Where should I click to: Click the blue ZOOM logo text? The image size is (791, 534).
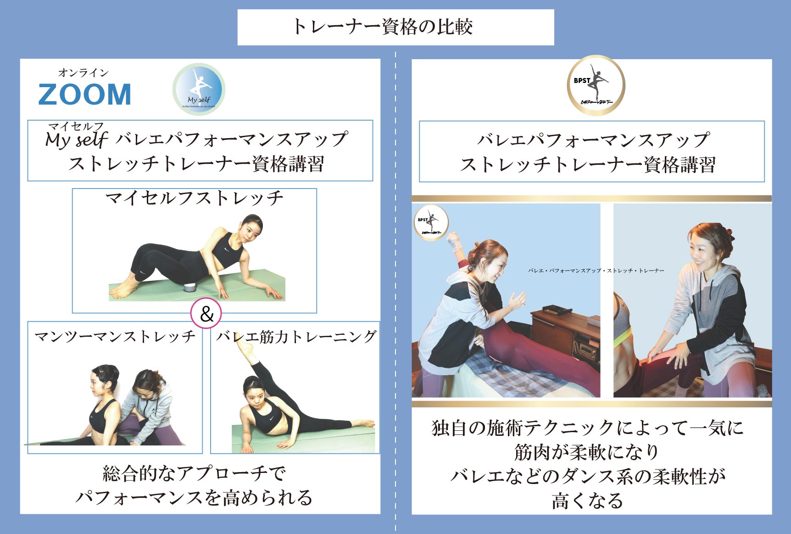coord(85,94)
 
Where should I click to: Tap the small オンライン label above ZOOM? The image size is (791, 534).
coord(83,72)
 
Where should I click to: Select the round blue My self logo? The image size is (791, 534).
coord(199,89)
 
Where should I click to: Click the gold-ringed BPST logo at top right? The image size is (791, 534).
coord(596,85)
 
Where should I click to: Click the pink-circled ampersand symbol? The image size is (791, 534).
coord(206,314)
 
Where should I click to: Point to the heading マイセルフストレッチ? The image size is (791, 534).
coord(194,198)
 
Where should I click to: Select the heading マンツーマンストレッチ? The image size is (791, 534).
coord(115,337)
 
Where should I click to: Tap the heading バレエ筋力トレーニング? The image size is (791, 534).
coord(296,337)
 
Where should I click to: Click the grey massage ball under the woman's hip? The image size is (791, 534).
coord(189,288)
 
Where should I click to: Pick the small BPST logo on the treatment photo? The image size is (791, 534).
coord(430,223)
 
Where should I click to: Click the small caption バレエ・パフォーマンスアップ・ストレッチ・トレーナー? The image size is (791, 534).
coord(596,271)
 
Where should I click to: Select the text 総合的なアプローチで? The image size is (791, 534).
coord(194,473)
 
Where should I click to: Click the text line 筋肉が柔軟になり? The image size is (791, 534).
coord(587,452)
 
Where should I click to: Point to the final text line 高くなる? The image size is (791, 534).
coord(587,501)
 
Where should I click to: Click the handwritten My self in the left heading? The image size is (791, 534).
coord(77,139)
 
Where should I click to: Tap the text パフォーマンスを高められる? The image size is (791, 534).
coord(194,498)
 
